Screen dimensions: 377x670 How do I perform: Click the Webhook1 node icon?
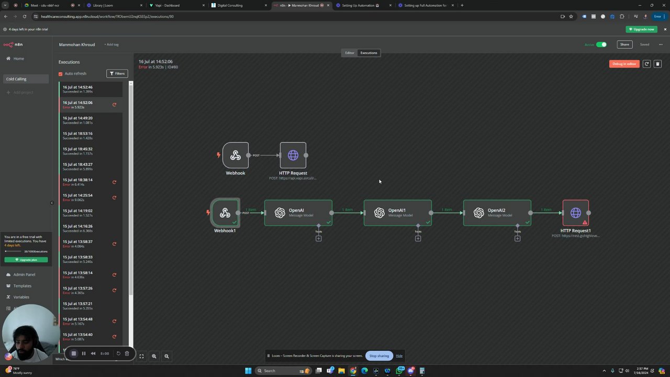point(225,213)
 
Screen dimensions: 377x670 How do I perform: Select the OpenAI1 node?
point(397,213)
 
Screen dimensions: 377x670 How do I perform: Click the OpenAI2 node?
point(497,213)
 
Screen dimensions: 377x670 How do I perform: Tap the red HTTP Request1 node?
point(575,213)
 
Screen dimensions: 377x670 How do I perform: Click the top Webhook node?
point(236,155)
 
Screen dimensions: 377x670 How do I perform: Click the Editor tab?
point(350,53)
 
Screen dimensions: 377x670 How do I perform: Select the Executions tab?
point(368,53)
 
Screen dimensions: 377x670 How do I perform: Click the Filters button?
point(117,73)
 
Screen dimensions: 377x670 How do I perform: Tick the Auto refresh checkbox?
point(61,74)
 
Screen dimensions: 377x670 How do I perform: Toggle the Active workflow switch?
point(601,45)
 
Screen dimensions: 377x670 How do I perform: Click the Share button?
point(624,45)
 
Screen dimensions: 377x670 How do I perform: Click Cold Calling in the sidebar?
point(16,79)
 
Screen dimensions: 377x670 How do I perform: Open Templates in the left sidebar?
point(23,286)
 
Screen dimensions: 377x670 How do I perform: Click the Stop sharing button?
point(379,356)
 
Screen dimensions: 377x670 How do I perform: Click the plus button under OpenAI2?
point(517,238)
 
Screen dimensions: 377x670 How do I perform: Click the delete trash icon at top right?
point(657,64)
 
